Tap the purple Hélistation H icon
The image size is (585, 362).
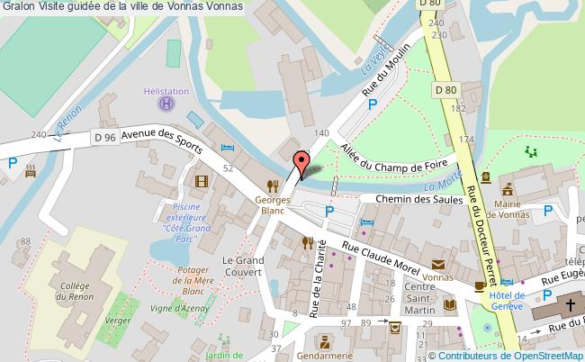click(166, 104)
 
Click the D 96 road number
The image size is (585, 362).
click(104, 137)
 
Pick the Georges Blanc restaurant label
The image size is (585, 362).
click(273, 204)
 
